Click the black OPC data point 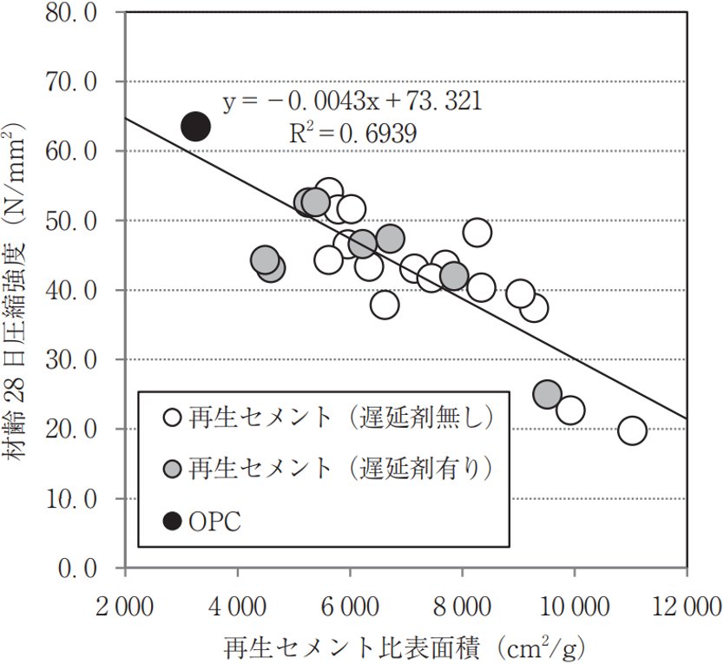pyautogui.click(x=195, y=127)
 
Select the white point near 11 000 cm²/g pyautogui.click(x=632, y=431)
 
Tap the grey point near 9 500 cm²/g pyautogui.click(x=547, y=395)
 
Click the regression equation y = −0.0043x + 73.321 pyautogui.click(x=352, y=102)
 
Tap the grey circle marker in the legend pyautogui.click(x=173, y=470)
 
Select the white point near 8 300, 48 pyautogui.click(x=477, y=233)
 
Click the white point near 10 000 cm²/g pyautogui.click(x=569, y=410)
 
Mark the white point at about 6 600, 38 pyautogui.click(x=384, y=305)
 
